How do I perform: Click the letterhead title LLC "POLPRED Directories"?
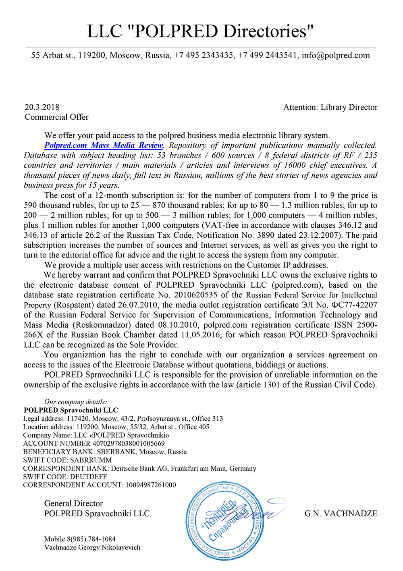200,31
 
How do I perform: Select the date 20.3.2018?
42,107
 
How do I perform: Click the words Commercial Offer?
57,117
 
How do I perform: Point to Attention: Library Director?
330,107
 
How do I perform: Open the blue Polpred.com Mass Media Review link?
104,145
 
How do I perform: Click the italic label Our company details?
76,402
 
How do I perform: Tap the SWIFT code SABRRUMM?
91,460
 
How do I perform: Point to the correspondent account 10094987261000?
151,485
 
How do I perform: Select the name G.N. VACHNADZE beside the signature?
341,513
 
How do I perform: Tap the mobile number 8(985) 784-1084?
91,539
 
